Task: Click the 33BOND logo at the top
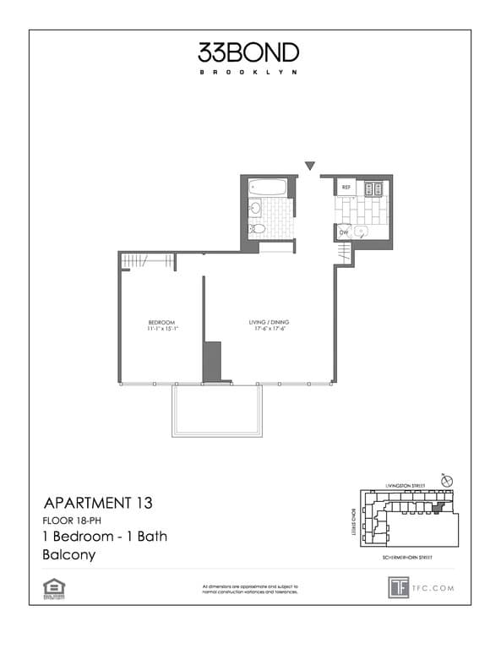click(248, 53)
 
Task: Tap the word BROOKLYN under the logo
click(248, 72)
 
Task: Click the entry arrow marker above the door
click(310, 166)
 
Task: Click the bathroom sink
click(254, 208)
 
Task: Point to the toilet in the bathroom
click(257, 228)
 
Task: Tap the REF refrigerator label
click(346, 186)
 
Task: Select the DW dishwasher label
click(345, 232)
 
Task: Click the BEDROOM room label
click(161, 321)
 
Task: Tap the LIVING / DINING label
click(266, 321)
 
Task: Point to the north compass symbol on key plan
click(447, 481)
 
